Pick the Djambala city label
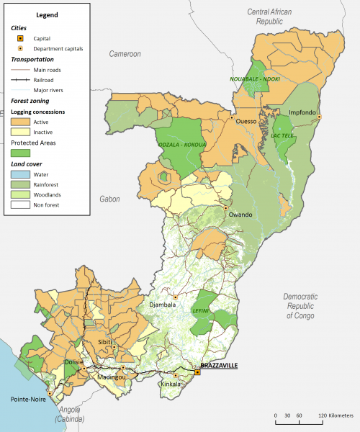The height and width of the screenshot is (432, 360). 163,305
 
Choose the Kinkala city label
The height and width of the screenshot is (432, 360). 170,384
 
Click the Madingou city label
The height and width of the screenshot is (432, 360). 112,377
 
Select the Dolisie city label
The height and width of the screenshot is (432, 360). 76,362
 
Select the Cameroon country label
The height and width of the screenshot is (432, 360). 125,54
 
